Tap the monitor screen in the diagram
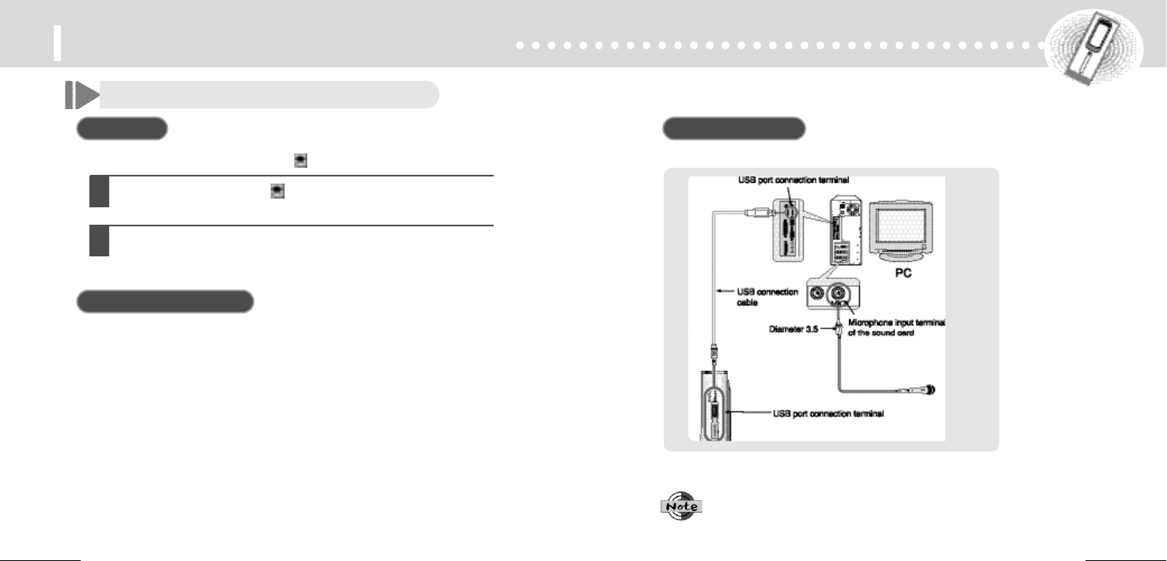coord(904,229)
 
